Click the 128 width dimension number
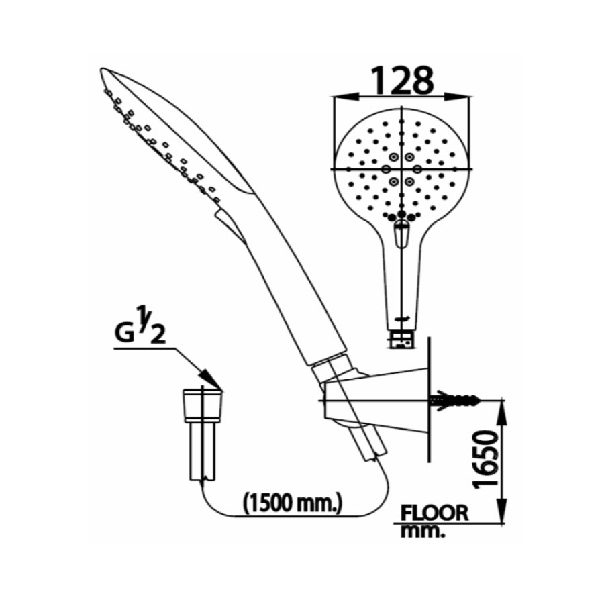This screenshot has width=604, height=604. click(401, 81)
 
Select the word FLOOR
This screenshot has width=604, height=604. click(434, 513)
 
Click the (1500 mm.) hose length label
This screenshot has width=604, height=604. click(293, 501)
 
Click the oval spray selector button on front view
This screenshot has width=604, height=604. click(401, 234)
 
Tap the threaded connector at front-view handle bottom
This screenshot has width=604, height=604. click(402, 339)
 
